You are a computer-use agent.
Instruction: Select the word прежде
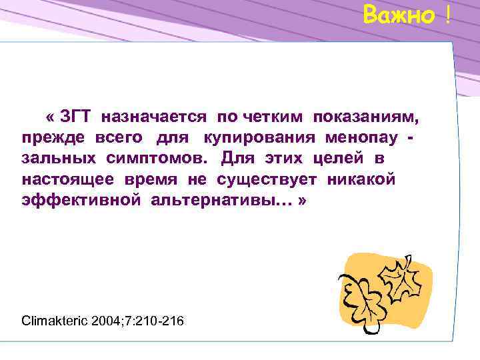(x=53, y=139)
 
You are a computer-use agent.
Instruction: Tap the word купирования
(x=261, y=139)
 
